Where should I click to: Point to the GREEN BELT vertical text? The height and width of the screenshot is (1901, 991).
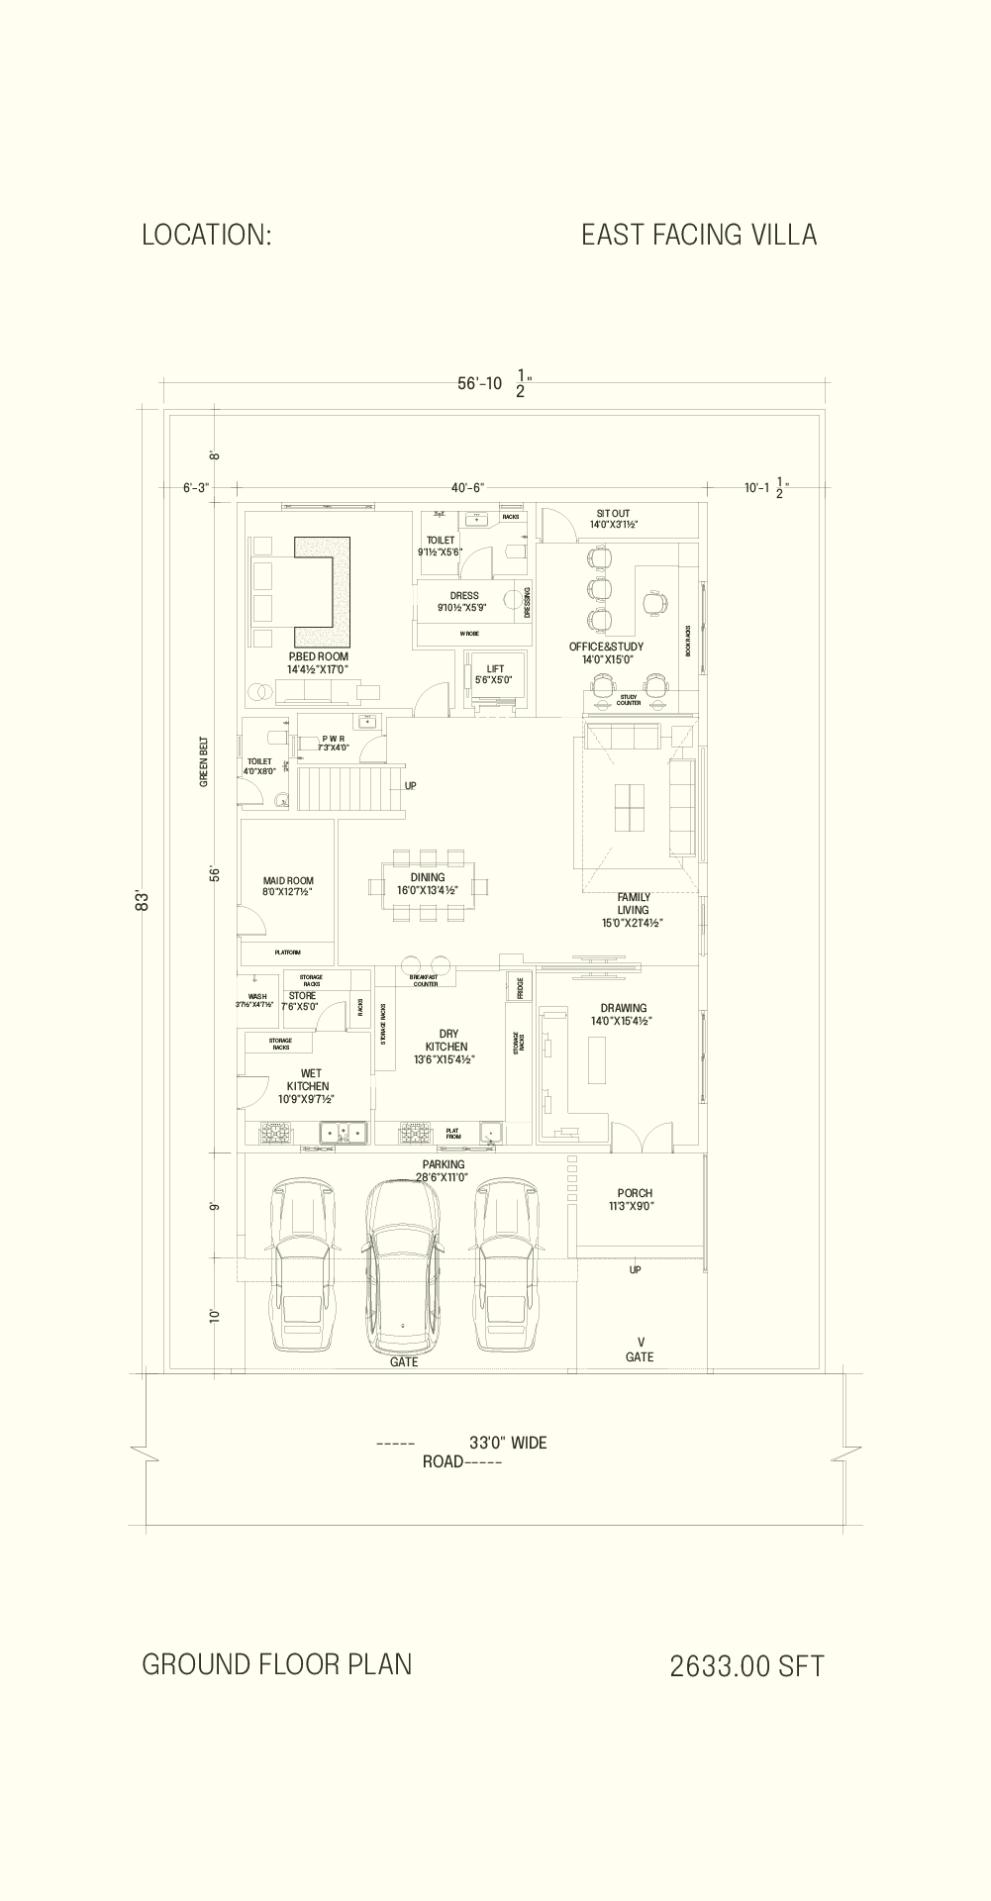tap(204, 760)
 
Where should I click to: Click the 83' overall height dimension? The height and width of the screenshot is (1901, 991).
tap(144, 901)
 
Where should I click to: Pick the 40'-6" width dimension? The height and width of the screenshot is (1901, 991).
tap(467, 487)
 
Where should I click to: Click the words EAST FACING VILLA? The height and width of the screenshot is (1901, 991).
tap(698, 235)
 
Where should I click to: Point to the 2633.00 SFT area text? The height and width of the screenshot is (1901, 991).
tap(746, 1666)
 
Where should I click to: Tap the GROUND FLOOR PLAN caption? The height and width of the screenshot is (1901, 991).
tap(276, 1664)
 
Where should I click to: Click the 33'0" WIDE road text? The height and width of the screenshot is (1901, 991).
tap(507, 1443)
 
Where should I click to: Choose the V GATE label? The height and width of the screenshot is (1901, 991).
tap(640, 1351)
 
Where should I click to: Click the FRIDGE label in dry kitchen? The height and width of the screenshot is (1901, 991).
tap(520, 987)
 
